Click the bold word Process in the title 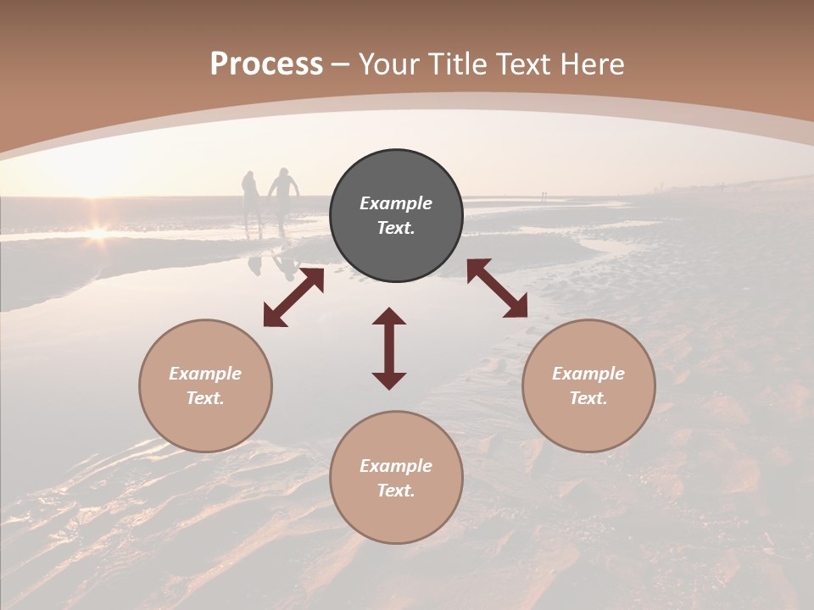point(266,64)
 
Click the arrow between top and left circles point(293,297)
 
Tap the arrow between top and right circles point(497,288)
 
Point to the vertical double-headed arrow point(389,348)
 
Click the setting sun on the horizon point(98,230)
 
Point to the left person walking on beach point(252,200)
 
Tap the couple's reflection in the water point(271,263)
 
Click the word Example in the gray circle point(396,203)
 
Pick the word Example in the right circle point(588,374)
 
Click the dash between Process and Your point(341,64)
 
